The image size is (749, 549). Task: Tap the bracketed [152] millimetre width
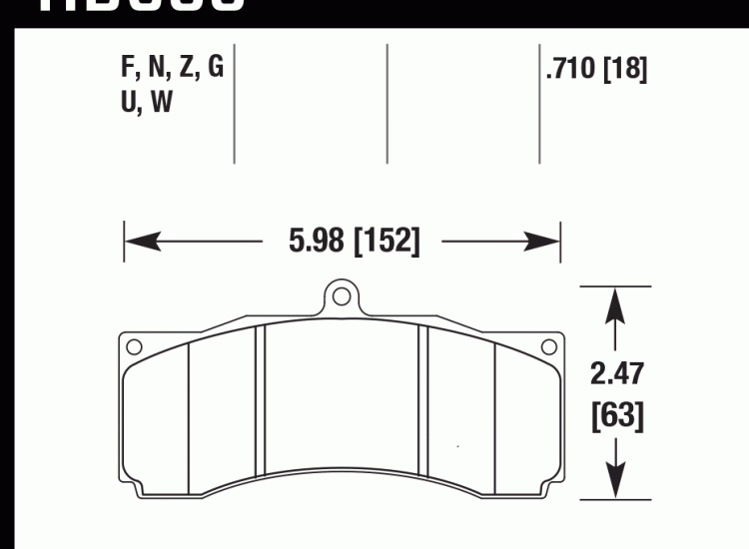point(384,241)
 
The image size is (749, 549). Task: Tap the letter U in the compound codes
point(126,102)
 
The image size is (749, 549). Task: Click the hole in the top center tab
point(341,295)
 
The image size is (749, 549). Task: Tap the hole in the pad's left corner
point(134,347)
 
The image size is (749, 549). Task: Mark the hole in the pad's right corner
point(547,347)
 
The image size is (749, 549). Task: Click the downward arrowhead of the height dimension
point(616,485)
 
